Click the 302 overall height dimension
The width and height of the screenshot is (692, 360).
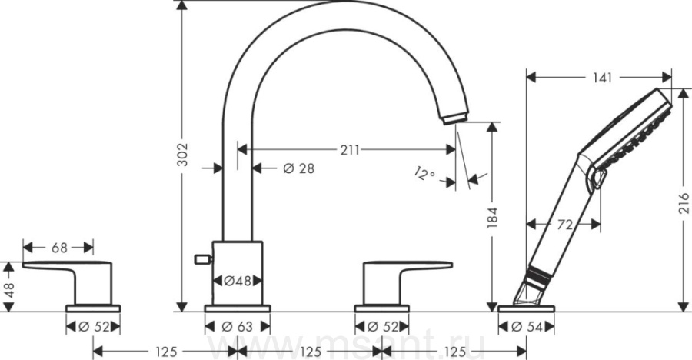tap(181, 155)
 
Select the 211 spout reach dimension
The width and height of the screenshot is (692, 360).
tap(350, 150)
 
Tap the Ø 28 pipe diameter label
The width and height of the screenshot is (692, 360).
tap(299, 168)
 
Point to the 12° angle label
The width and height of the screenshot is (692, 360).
tap(425, 173)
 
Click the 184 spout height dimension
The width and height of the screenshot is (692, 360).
tap(492, 218)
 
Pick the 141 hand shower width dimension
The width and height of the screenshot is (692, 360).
tap(602, 78)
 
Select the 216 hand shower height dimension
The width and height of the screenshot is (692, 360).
tap(684, 203)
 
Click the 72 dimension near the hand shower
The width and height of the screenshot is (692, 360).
tap(565, 225)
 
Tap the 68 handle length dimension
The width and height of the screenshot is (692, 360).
tap(59, 248)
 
